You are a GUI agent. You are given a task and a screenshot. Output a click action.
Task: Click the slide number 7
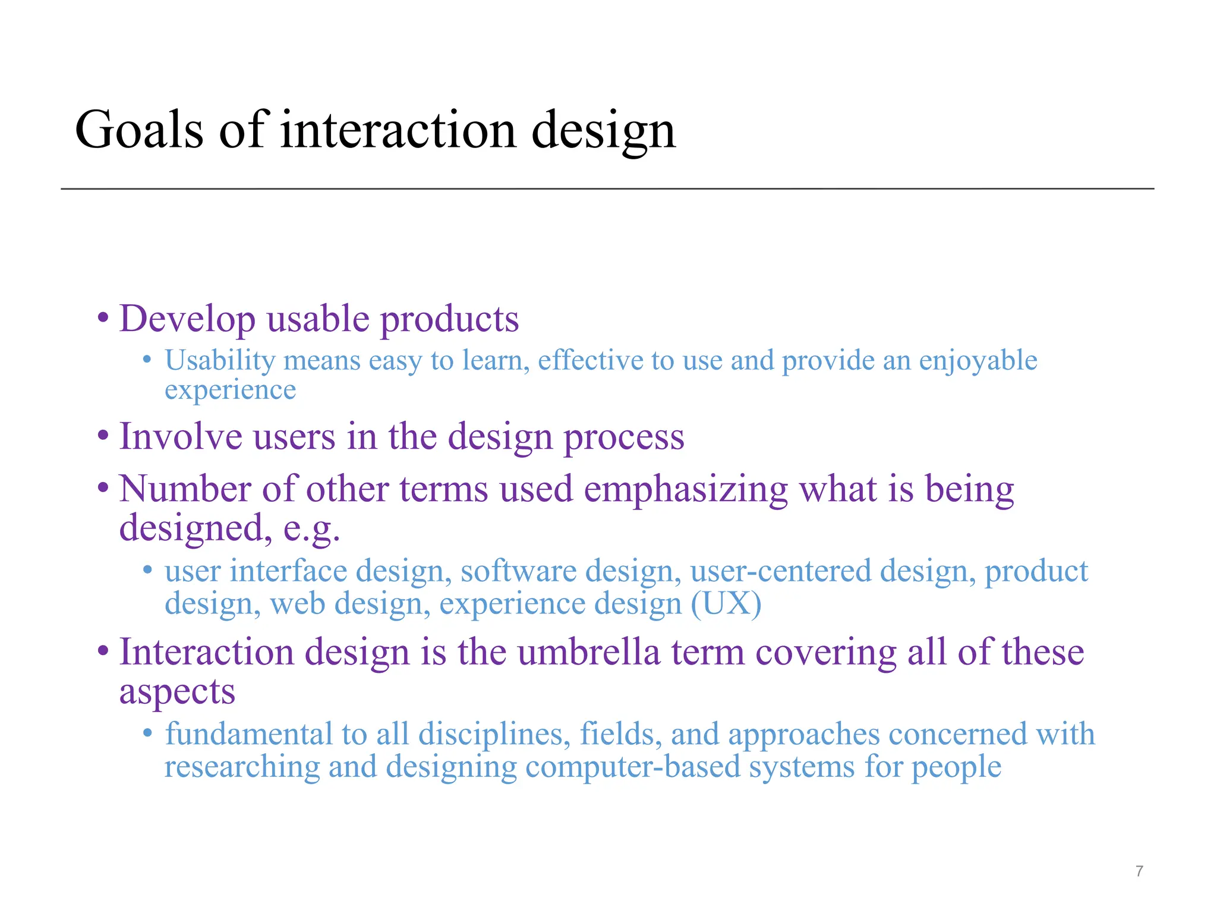click(1139, 871)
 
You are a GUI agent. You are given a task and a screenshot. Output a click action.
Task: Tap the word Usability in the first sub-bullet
click(220, 361)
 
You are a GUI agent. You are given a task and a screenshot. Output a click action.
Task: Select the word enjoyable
click(978, 361)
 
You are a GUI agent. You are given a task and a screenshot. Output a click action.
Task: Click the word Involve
click(181, 436)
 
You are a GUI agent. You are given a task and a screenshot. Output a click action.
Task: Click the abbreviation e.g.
click(312, 528)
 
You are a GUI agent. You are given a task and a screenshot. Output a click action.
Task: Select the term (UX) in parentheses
click(726, 604)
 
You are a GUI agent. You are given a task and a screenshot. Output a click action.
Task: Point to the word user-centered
click(780, 571)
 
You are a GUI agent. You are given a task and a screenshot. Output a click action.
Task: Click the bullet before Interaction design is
click(103, 651)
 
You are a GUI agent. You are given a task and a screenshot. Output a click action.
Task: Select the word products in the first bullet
click(449, 320)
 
